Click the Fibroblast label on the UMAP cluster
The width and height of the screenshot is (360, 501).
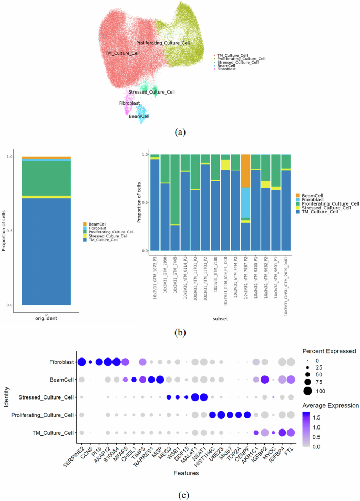point(129,103)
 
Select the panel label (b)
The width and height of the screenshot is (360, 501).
point(179,332)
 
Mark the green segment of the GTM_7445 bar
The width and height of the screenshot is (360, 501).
point(174,189)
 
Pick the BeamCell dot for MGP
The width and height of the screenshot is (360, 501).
point(160,380)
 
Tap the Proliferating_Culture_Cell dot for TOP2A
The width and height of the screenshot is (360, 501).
point(238,415)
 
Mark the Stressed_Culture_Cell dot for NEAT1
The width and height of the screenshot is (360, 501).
point(203,397)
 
